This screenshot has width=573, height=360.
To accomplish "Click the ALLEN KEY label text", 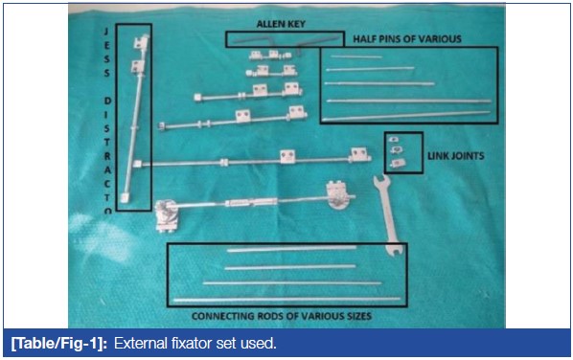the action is [x=281, y=24].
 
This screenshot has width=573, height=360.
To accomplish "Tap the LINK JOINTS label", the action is [x=456, y=156].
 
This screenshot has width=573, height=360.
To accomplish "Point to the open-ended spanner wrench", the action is [x=388, y=215].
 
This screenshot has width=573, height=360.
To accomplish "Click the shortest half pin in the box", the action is [x=356, y=56].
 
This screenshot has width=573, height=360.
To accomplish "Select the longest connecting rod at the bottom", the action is [x=286, y=300].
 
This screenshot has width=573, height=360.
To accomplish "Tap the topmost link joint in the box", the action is [x=393, y=139].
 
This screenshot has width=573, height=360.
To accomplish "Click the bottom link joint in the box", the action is [x=396, y=163].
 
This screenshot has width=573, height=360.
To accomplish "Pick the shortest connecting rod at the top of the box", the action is [x=291, y=249].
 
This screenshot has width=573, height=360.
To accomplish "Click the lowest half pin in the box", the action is [x=406, y=115].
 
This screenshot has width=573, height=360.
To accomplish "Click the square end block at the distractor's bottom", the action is [x=125, y=197].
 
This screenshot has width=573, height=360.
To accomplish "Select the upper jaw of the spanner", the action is [x=380, y=180].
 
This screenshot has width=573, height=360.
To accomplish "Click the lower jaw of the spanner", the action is [x=394, y=250].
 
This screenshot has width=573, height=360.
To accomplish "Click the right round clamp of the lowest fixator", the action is [x=338, y=195].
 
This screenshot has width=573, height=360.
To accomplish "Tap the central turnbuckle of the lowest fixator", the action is [x=252, y=202].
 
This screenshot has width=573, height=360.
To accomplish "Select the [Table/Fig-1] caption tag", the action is [x=58, y=344].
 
